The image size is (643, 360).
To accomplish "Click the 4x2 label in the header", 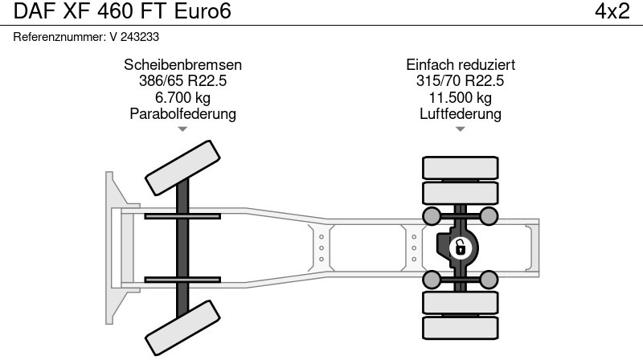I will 612,11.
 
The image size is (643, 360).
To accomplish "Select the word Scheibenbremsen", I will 183,65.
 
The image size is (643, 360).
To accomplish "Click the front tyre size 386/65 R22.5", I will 183,81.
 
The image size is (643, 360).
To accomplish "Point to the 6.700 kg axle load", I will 183,97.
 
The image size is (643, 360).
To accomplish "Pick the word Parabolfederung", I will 183,113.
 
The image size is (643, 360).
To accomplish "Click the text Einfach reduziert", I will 461,65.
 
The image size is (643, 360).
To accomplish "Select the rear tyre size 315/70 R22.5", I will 461,81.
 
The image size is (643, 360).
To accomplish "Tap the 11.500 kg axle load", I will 461,97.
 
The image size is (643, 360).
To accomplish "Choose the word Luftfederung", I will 461,113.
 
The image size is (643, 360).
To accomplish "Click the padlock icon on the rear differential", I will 460,247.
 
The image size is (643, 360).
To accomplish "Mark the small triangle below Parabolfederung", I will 183,129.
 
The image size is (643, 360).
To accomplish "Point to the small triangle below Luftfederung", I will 461,129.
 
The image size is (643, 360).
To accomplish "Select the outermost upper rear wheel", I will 460,167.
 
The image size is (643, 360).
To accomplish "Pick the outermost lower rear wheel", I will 460,327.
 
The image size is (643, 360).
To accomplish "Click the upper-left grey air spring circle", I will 432,215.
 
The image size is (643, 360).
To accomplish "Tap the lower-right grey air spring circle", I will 489,279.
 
